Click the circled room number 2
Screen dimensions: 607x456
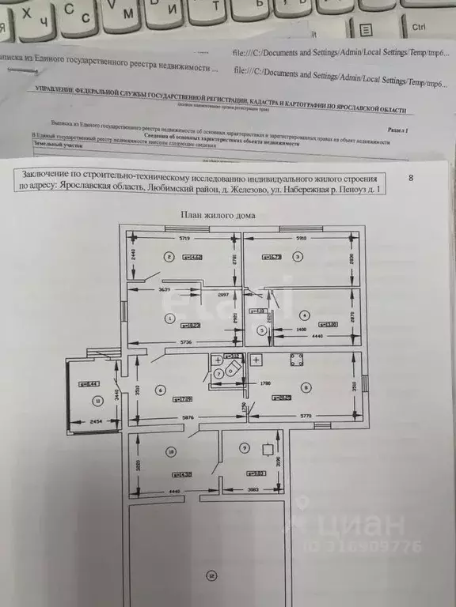pos(168,256)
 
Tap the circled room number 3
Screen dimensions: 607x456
pos(298,256)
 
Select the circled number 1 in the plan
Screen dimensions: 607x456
pos(169,319)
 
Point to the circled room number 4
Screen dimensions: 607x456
pos(306,314)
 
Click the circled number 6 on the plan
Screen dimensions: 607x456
pos(161,388)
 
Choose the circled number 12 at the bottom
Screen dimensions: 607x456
pos(210,575)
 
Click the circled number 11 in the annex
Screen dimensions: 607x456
pos(97,401)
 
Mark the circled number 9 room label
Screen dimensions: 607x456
pos(245,448)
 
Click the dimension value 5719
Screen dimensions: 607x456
pos(185,237)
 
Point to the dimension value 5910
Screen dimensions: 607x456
pos(302,237)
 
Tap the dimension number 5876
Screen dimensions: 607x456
pos(187,418)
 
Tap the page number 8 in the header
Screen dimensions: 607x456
pos(410,178)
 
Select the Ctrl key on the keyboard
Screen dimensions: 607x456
pos(419,26)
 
